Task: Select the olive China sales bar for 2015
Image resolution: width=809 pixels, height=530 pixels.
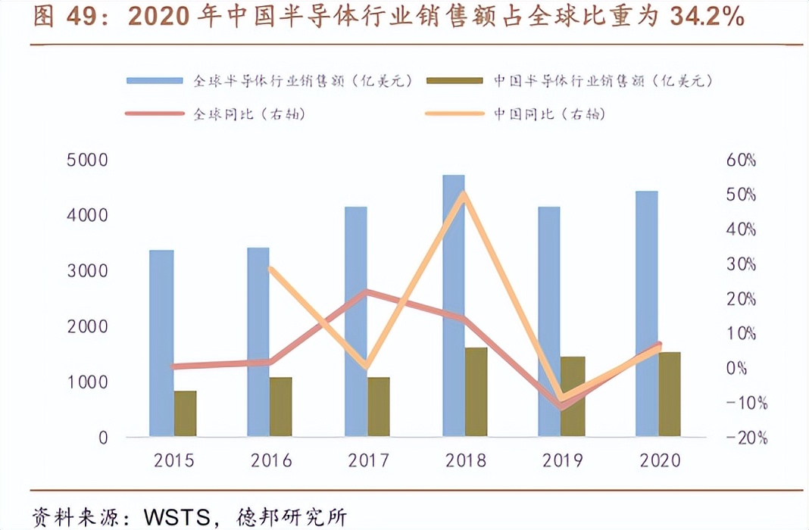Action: (186, 413)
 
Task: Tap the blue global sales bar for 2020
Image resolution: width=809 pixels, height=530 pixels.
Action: (646, 313)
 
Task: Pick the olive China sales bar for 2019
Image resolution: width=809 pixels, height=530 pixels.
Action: (573, 396)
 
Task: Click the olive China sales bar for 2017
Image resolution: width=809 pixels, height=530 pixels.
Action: (379, 407)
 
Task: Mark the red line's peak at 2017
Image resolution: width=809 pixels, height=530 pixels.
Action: (367, 291)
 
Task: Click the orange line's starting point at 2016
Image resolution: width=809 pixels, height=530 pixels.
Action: (270, 268)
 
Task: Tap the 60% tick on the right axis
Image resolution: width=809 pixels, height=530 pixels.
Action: (741, 161)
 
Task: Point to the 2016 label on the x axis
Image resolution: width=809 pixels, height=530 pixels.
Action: (270, 460)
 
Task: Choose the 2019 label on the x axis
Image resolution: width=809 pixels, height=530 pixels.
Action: (561, 460)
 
